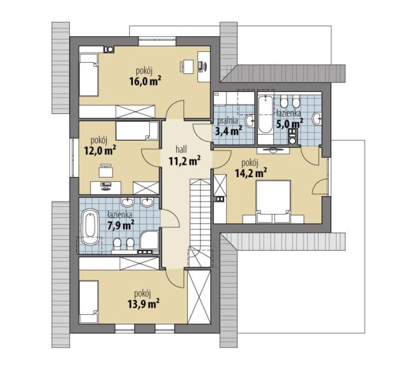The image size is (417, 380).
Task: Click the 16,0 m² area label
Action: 145,81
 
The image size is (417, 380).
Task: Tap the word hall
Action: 181,149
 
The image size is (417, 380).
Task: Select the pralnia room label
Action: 228,121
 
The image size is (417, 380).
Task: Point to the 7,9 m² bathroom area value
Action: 120,225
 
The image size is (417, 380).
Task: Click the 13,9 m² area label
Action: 144,304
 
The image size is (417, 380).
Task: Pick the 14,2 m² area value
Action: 251,173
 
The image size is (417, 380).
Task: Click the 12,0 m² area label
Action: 100,150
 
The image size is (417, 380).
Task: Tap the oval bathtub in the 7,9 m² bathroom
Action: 89,227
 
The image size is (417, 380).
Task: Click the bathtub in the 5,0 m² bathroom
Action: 265,115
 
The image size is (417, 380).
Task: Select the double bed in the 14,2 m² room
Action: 273,202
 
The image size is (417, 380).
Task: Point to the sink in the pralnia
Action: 250,121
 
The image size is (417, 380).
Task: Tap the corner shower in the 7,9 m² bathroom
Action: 150,240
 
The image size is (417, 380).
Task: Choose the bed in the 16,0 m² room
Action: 89,75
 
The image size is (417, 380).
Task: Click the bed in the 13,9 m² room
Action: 89,302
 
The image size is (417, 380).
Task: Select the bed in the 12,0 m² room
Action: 133,131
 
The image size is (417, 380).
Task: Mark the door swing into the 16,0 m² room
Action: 175,110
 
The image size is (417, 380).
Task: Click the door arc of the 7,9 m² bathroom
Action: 170,218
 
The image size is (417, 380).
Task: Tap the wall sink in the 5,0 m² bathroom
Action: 317,119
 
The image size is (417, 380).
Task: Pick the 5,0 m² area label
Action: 290,123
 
